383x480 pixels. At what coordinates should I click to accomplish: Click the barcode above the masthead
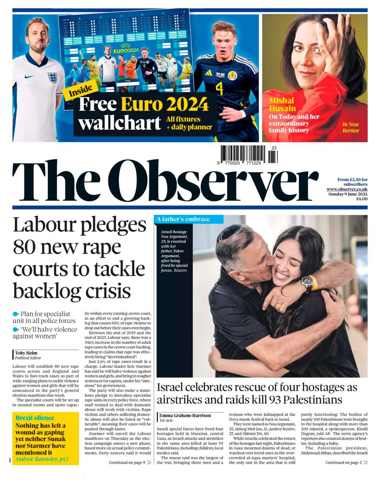click(x=248, y=155)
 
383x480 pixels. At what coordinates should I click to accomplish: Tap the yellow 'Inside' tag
click(x=81, y=91)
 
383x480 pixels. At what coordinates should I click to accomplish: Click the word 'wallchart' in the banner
click(x=120, y=123)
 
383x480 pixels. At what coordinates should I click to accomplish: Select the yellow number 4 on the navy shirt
click(x=219, y=89)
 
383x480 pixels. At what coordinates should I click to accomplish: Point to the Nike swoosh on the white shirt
click(x=29, y=77)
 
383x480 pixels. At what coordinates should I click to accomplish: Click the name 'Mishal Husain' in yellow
click(x=282, y=105)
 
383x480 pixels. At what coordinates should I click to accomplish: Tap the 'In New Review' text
click(x=350, y=127)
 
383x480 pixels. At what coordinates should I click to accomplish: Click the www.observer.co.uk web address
click(x=347, y=189)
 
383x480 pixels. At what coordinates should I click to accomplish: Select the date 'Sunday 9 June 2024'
click(x=348, y=194)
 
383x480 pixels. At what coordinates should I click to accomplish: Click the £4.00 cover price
click(x=362, y=199)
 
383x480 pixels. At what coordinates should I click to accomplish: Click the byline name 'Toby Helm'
click(x=26, y=353)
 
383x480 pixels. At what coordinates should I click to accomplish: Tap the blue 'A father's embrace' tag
click(x=183, y=219)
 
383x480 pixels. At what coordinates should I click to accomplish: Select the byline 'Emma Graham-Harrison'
click(x=185, y=415)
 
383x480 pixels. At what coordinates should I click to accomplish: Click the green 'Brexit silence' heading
click(x=35, y=418)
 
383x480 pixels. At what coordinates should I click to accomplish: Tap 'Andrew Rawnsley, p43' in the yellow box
click(x=42, y=459)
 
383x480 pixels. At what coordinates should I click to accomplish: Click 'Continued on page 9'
click(x=127, y=462)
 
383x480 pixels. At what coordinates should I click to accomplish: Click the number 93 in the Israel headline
click(x=275, y=400)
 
